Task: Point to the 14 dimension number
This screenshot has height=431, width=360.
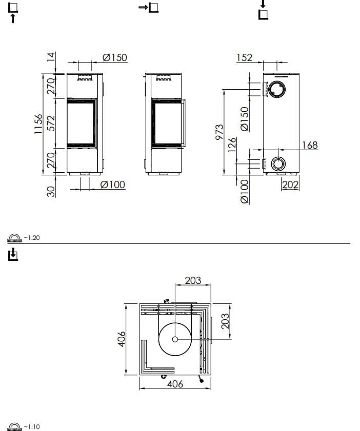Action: pyautogui.click(x=51, y=56)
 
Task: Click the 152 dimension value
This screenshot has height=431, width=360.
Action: pyautogui.click(x=244, y=57)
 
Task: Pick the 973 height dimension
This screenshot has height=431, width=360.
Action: pyautogui.click(x=219, y=132)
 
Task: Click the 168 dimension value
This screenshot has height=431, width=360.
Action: pyautogui.click(x=310, y=145)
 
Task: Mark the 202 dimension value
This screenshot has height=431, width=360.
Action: pyautogui.click(x=290, y=184)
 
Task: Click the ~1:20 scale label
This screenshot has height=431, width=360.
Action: pyautogui.click(x=32, y=237)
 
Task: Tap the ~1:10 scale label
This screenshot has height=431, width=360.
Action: pyautogui.click(x=32, y=426)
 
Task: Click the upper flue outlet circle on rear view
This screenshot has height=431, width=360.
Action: pyautogui.click(x=278, y=89)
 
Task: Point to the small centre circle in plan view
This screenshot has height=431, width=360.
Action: pyautogui.click(x=175, y=339)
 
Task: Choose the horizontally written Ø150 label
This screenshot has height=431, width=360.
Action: pyautogui.click(x=114, y=57)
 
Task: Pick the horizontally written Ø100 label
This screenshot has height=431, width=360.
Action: pyautogui.click(x=113, y=184)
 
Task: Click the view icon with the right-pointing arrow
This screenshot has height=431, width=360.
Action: pyautogui.click(x=149, y=8)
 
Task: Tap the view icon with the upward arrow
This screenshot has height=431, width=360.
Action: pyautogui.click(x=13, y=12)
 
